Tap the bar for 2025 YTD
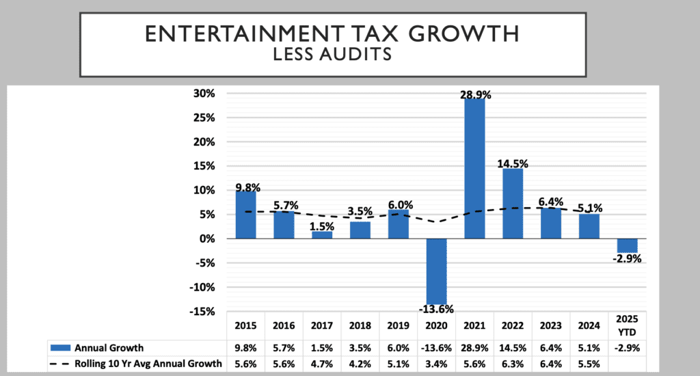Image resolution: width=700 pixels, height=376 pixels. pos(627,245)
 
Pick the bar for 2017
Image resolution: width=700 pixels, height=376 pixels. pos(321,234)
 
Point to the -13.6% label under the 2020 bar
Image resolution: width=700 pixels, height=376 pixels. pos(435,309)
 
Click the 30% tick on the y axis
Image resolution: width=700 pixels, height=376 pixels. pos(204,93)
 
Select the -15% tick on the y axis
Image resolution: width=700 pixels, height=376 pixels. pos(203,312)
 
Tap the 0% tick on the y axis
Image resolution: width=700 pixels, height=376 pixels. pos(208,239)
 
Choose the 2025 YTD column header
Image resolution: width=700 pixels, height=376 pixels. pos(627,325)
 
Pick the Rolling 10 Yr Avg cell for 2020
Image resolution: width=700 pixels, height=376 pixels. pos(435,364)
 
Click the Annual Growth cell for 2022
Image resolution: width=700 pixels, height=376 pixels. pos(512,347)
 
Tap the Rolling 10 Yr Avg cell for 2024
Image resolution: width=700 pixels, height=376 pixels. pos(589,364)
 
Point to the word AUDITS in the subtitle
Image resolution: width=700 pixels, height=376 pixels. pos(358,55)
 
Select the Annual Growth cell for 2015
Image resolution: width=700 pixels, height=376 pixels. pos(245,347)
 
